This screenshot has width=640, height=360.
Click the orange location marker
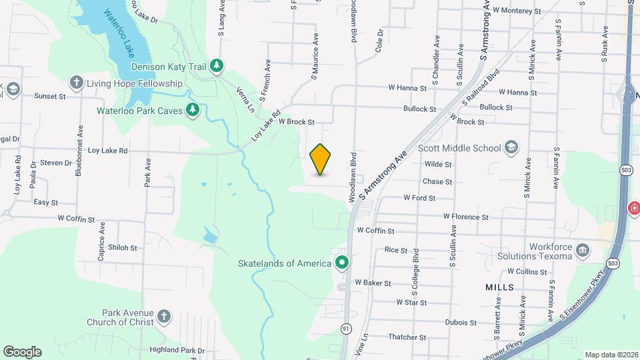pyautogui.click(x=321, y=160)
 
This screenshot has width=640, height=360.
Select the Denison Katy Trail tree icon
pyautogui.click(x=216, y=65)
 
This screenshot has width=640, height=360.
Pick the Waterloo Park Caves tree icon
pyautogui.click(x=193, y=109)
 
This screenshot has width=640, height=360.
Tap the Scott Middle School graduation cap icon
pyautogui.click(x=511, y=147)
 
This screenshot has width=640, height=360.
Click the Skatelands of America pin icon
pyautogui.click(x=342, y=263)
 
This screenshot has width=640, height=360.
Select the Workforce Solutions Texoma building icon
pyautogui.click(x=583, y=251)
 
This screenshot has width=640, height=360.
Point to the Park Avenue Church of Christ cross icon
pyautogui.click(x=165, y=317)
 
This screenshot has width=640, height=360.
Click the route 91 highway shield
pyautogui.click(x=346, y=329)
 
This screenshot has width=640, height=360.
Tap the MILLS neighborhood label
pyautogui.click(x=500, y=287)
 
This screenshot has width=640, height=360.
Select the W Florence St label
pyautogui.click(x=466, y=217)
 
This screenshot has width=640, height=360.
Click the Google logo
pyautogui.click(x=22, y=352)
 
